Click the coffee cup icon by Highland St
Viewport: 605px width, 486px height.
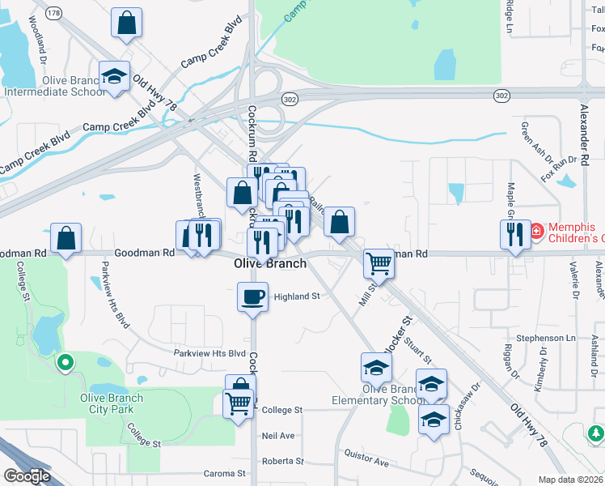click(252, 296)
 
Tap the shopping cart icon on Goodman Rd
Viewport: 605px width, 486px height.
click(379, 262)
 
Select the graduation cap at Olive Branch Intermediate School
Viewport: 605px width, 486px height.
click(114, 77)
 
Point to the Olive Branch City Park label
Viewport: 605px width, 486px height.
click(112, 403)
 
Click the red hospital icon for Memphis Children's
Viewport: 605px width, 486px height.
click(537, 233)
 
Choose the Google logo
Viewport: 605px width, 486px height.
click(27, 476)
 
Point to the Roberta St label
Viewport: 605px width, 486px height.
click(282, 462)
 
